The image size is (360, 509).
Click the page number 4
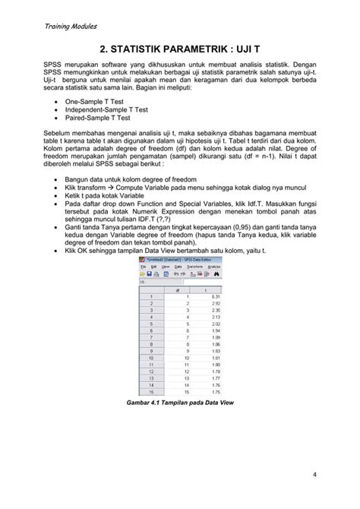click(x=314, y=476)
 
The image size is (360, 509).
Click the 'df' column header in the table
click(x=178, y=289)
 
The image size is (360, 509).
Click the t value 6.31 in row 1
click(x=215, y=296)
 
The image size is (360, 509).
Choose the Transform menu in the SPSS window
click(x=195, y=267)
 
